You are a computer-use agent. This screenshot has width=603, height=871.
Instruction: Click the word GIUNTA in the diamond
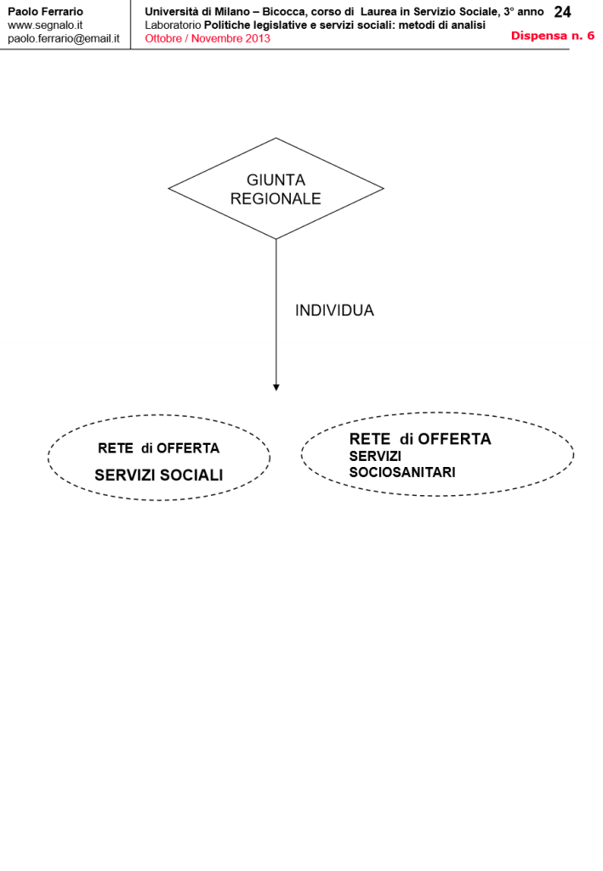(276, 180)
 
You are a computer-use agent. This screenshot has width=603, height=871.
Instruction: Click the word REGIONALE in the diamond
(276, 199)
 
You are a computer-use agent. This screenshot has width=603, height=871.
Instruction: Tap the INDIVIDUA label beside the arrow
(334, 311)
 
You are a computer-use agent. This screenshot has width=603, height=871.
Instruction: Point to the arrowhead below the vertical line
(276, 388)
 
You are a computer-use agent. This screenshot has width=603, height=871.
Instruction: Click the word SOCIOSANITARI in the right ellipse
(402, 472)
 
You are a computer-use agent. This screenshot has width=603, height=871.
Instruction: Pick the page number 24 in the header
(562, 12)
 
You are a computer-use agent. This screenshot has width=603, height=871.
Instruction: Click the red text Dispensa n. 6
(552, 36)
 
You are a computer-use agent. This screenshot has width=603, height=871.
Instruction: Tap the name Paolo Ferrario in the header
(45, 12)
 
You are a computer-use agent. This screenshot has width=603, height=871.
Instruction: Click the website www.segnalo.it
(44, 26)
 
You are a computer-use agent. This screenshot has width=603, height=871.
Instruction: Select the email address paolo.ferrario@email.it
(63, 39)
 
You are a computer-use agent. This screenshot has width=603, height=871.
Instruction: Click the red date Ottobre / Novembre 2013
(208, 39)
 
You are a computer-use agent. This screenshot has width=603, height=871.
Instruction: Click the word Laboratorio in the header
(173, 26)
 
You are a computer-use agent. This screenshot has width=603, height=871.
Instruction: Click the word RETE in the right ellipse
(369, 440)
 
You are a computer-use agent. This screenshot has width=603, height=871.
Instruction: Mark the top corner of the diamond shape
(276, 139)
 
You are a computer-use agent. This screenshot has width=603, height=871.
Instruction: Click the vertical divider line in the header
(131, 25)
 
